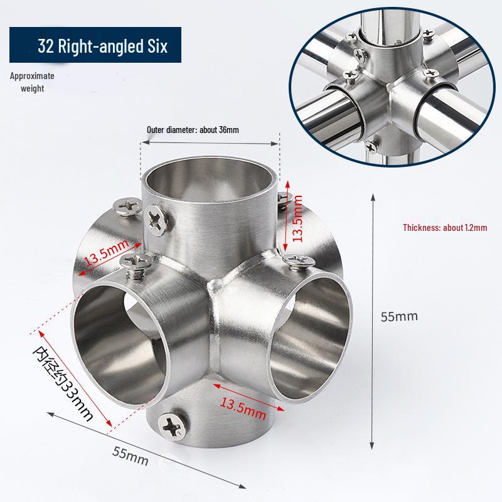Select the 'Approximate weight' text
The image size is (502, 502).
32,82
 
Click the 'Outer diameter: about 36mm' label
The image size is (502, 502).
193,130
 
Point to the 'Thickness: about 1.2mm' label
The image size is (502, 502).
444,228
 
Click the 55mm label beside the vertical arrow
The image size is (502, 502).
399,316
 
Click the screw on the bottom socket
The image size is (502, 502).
171,426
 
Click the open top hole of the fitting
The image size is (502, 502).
208,182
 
